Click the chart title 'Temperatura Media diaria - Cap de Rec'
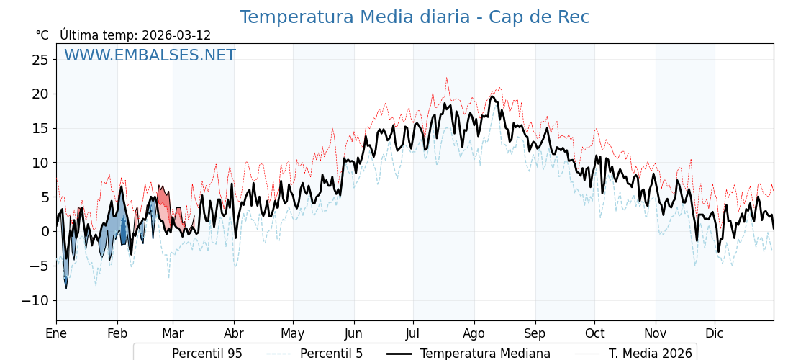click(x=415, y=17)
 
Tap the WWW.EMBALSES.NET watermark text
click(x=150, y=55)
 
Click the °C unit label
click(x=42, y=35)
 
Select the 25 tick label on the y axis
click(x=40, y=60)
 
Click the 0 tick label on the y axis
click(x=44, y=231)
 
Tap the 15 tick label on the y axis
click(x=40, y=128)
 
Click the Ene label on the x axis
click(x=56, y=333)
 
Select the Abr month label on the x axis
click(x=234, y=333)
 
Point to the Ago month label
click(x=474, y=333)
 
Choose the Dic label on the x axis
click(x=715, y=333)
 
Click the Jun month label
click(x=354, y=333)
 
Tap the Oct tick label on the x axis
click(x=594, y=333)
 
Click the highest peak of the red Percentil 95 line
click(x=446, y=78)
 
